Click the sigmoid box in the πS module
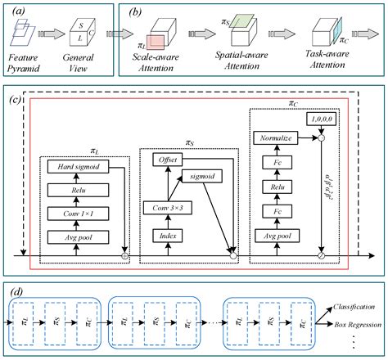point(207,176)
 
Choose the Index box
point(169,235)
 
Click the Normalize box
point(278,139)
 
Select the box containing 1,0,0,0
point(320,120)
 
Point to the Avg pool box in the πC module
point(278,238)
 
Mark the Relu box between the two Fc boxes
point(278,189)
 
